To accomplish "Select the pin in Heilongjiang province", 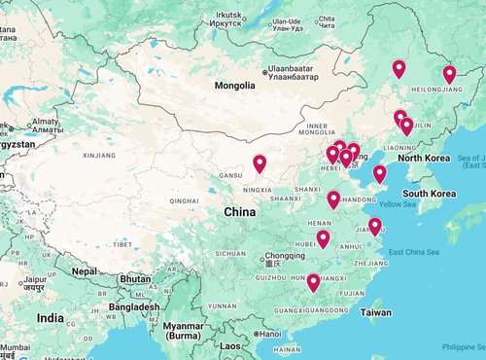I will pos(449,75).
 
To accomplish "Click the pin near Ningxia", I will pos(260,164).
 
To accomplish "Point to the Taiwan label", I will pos(376,313).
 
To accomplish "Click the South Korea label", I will pos(430,194).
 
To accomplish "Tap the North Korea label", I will pos(424,158).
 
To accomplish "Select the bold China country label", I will pos(240,211).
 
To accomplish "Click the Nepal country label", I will pos(87,271).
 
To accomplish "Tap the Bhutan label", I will pos(133,278).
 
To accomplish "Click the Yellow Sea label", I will pos(397,204).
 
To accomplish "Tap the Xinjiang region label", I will pos(99,155).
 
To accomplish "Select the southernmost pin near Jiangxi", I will pos(313,283).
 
